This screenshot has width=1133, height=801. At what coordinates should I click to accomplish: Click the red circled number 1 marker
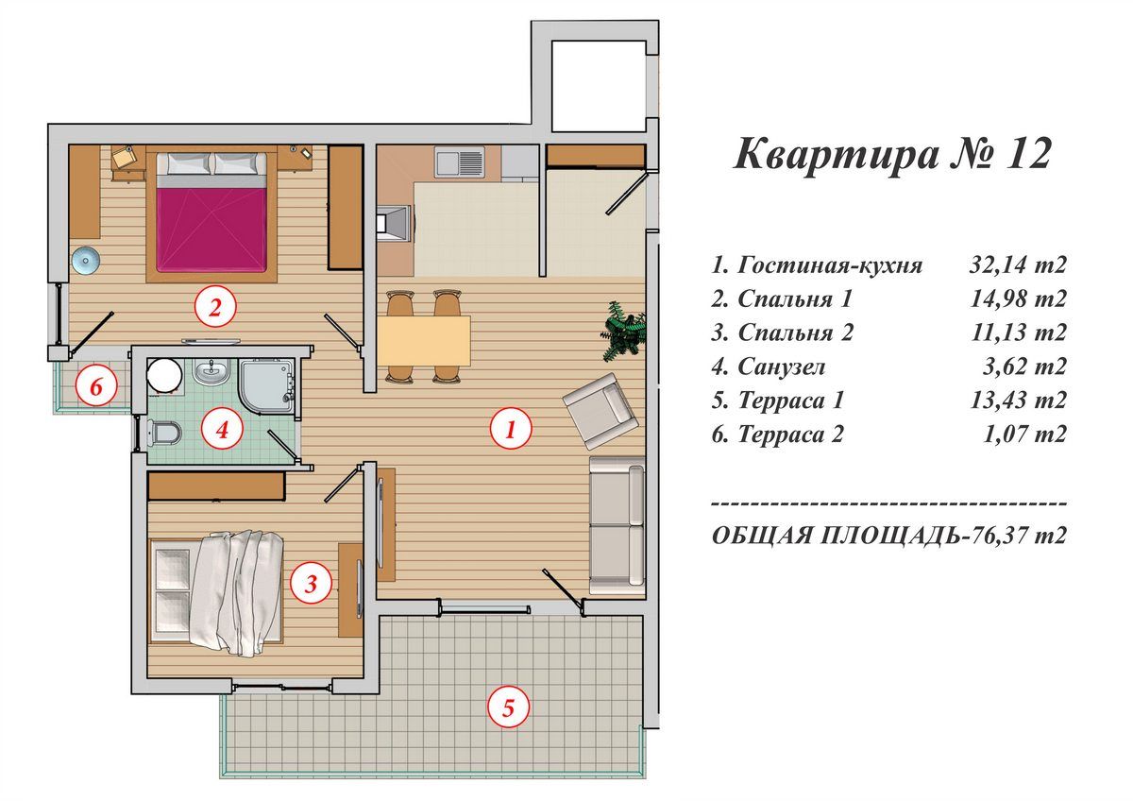(511, 431)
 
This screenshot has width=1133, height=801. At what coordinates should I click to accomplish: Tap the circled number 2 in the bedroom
(214, 306)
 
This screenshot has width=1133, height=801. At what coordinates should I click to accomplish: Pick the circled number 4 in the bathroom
(222, 431)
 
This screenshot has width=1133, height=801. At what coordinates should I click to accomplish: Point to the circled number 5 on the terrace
(508, 707)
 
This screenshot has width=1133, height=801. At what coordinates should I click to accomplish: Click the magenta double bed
(211, 221)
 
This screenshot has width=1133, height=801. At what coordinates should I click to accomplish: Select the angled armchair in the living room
(600, 410)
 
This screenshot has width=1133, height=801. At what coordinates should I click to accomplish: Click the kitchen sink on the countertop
(459, 163)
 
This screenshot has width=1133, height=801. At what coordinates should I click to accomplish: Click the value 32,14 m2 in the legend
(1018, 264)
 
